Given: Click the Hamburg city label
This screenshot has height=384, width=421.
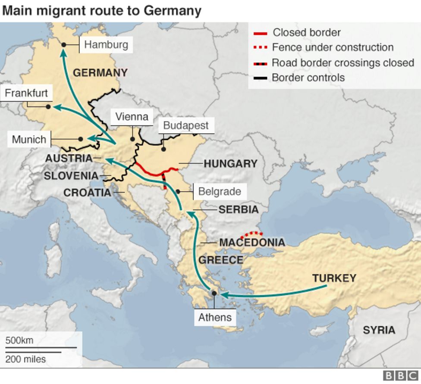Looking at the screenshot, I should [106, 44].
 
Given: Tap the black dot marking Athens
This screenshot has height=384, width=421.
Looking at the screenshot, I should [214, 293].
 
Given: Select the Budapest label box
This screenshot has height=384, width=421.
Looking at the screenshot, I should [185, 125].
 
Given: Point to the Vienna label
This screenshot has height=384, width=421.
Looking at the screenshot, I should [132, 116].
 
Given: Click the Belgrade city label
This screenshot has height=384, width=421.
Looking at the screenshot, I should [219, 191].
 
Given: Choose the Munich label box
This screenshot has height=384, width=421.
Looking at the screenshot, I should [29, 139].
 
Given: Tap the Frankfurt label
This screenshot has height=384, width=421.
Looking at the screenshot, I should [26, 93].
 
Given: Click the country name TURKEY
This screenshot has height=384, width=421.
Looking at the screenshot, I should [334, 278].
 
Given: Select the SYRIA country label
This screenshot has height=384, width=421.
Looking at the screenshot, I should [378, 330].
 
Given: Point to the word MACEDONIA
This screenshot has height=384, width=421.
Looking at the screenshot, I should [252, 243].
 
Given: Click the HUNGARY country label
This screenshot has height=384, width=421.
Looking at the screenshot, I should [230, 164].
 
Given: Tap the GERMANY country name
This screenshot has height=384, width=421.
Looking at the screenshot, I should [100, 72].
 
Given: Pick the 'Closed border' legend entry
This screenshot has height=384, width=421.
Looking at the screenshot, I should [307, 33].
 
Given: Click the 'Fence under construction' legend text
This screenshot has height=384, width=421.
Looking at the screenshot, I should [333, 47].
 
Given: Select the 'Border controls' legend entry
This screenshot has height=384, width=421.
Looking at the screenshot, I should [308, 78].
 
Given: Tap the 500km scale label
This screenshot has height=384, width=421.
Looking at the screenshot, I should [19, 340].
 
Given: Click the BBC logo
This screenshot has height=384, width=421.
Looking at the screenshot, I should [401, 376].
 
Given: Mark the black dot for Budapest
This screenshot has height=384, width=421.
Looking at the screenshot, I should [163, 149].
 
